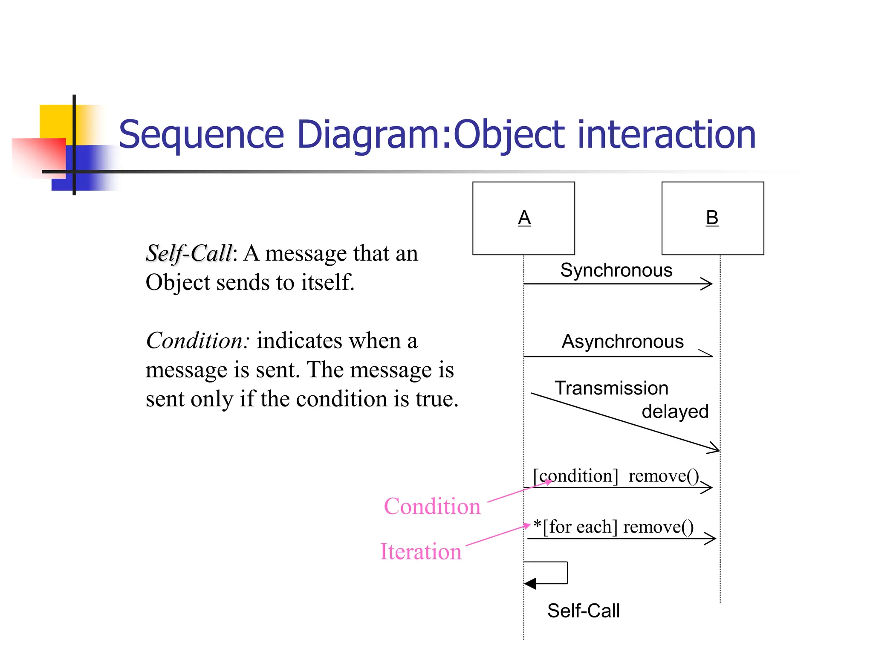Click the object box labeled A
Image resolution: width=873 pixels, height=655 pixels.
523,218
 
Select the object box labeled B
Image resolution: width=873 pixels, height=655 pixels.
712,218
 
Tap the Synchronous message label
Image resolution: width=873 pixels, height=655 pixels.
616,270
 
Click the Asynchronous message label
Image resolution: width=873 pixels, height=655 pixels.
622,342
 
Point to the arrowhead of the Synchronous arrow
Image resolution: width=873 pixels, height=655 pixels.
708,284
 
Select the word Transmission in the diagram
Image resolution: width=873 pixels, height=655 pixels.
611,388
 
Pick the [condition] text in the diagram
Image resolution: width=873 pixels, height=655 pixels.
575,476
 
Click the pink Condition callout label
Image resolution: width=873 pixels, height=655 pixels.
432,507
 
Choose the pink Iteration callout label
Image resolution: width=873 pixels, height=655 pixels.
421,552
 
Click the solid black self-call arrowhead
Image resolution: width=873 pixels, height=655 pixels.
530,583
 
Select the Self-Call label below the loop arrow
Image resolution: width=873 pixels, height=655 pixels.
583,611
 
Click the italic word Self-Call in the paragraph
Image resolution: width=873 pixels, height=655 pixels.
189,254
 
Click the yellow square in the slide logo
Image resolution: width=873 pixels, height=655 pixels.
55,121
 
